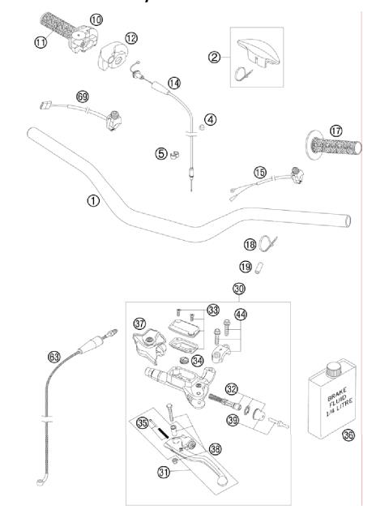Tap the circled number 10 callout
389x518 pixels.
[96, 19]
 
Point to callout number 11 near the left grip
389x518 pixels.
[41, 42]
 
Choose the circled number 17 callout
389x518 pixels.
[336, 130]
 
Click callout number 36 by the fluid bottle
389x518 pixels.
[348, 435]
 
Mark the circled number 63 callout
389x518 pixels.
[54, 354]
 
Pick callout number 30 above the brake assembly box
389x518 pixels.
[238, 289]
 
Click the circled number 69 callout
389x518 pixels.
[83, 96]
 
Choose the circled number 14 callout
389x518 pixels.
[174, 83]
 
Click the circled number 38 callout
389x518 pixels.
[215, 447]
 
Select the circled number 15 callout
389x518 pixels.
[259, 172]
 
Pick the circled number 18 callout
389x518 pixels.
[250, 244]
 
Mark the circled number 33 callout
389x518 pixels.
[213, 310]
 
